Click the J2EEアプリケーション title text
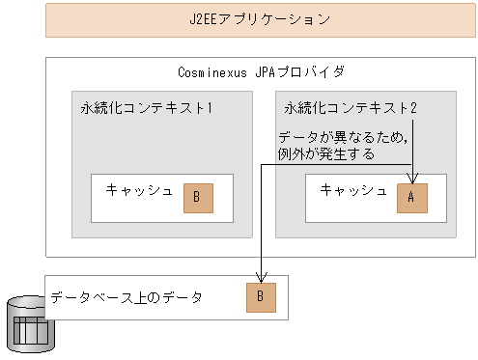pyautogui.click(x=262, y=19)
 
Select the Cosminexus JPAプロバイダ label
pyautogui.click(x=262, y=71)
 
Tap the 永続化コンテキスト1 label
pyautogui.click(x=146, y=107)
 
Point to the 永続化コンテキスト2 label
pyautogui.click(x=351, y=107)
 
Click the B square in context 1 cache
pyautogui.click(x=197, y=197)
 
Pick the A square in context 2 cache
pyautogui.click(x=411, y=197)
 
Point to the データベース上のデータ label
pyautogui.click(x=127, y=297)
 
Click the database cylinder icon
pyautogui.click(x=31, y=324)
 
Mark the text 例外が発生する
pyautogui.click(x=325, y=152)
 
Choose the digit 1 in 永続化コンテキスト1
pyautogui.click(x=209, y=107)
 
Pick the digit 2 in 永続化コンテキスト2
pyautogui.click(x=413, y=107)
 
